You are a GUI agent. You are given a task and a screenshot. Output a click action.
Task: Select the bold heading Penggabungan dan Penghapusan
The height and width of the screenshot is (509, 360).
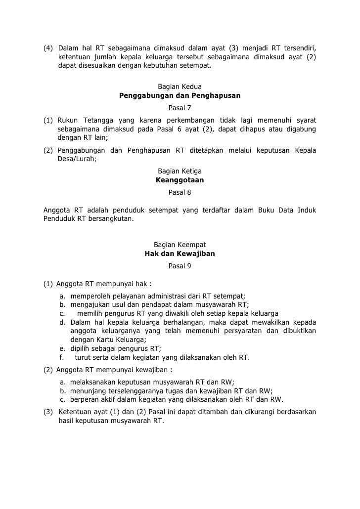point(180,96)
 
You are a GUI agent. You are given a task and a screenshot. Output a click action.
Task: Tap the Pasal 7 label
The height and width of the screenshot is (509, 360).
point(180,108)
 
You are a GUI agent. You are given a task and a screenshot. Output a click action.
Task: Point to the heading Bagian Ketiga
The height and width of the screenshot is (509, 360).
point(180,171)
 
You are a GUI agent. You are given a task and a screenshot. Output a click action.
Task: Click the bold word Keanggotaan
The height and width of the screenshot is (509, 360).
point(180,180)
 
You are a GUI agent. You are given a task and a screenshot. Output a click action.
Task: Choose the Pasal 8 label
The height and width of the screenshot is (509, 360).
point(180,192)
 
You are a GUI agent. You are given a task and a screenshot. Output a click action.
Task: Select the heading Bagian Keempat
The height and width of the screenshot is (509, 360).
point(180,245)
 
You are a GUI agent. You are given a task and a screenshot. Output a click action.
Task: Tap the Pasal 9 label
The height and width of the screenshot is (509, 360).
point(180,266)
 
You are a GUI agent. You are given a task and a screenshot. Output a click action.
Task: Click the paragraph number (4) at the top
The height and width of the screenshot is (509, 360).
point(48,48)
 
